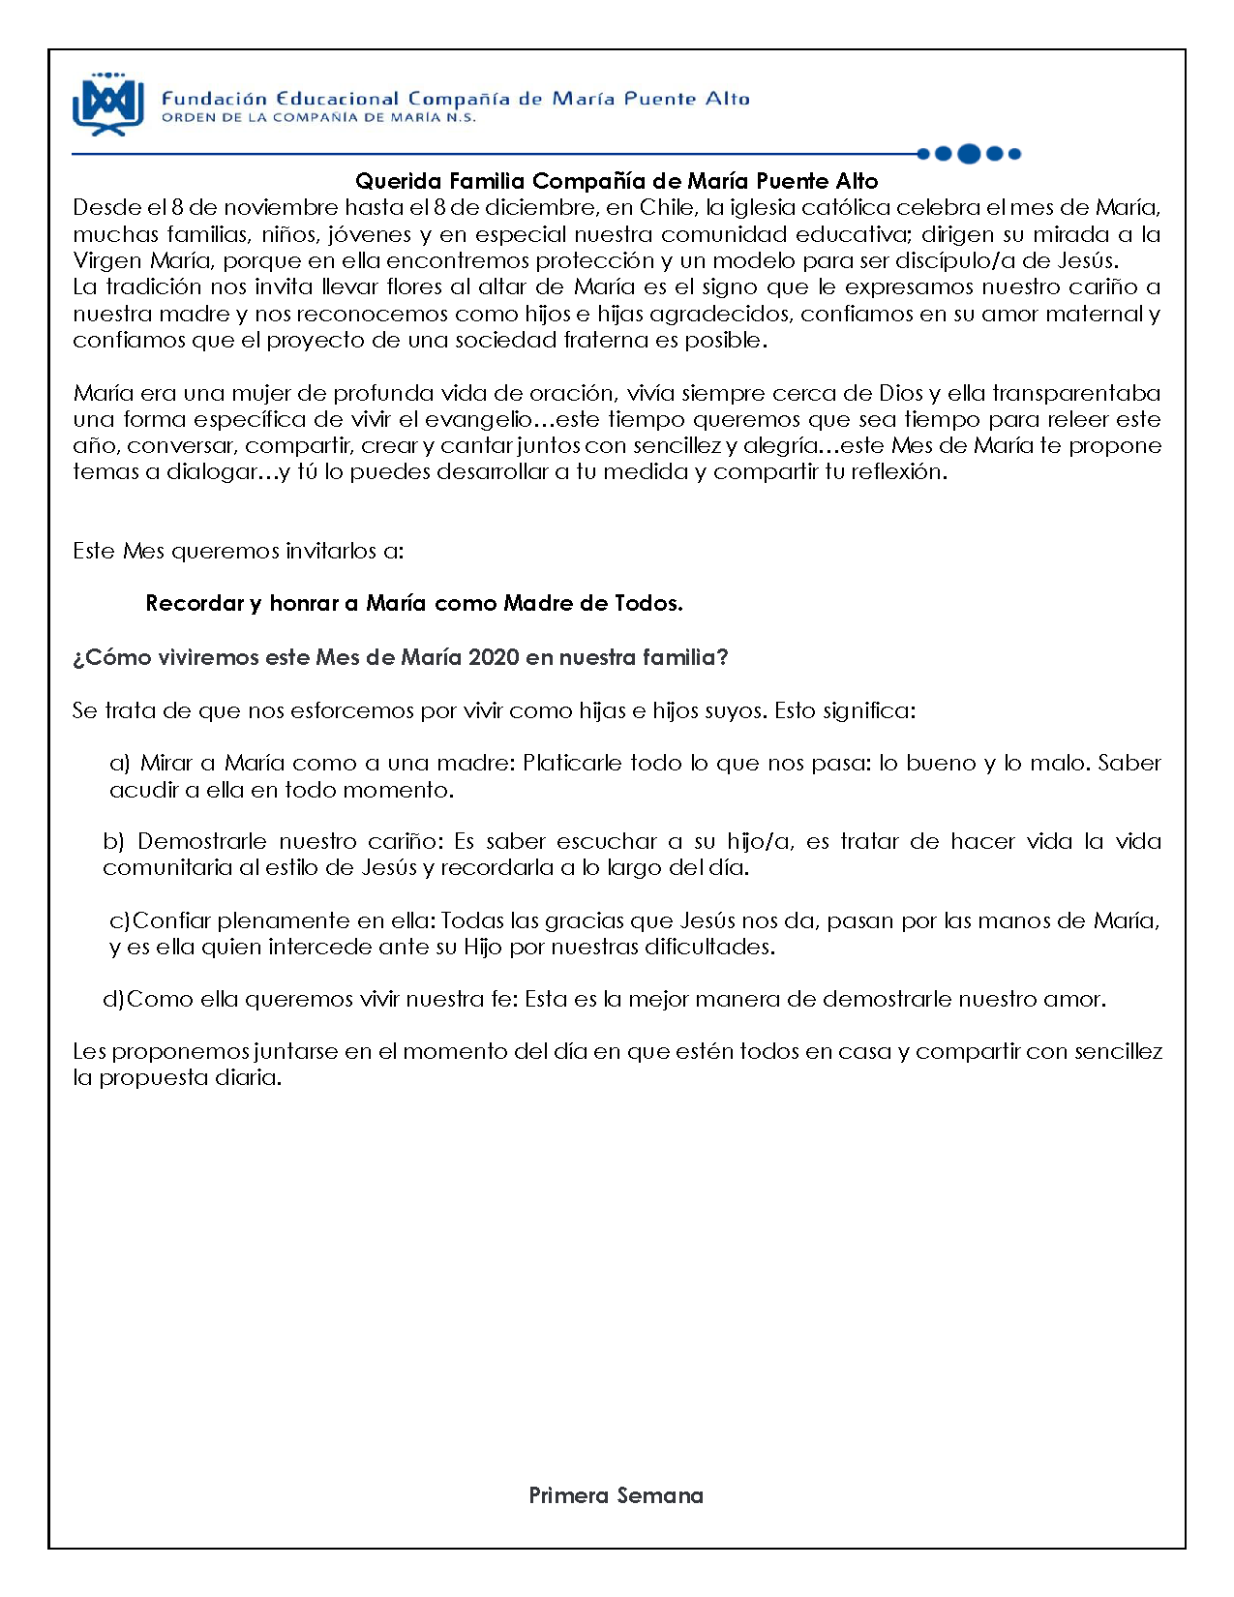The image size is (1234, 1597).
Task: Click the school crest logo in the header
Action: click(x=108, y=104)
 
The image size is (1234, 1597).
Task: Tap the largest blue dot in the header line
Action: click(x=968, y=153)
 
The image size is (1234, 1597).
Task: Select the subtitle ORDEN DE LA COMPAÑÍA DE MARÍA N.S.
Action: click(x=318, y=118)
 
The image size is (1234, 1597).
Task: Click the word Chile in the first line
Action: click(x=667, y=208)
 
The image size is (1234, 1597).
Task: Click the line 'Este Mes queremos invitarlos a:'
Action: click(x=238, y=552)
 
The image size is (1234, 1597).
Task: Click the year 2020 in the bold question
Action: click(x=494, y=658)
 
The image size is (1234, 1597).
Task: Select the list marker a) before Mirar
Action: click(x=120, y=764)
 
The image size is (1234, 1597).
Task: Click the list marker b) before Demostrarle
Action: click(x=113, y=842)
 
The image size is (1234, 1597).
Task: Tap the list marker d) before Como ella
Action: click(x=113, y=1000)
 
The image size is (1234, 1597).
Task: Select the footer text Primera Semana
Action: click(x=616, y=1496)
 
